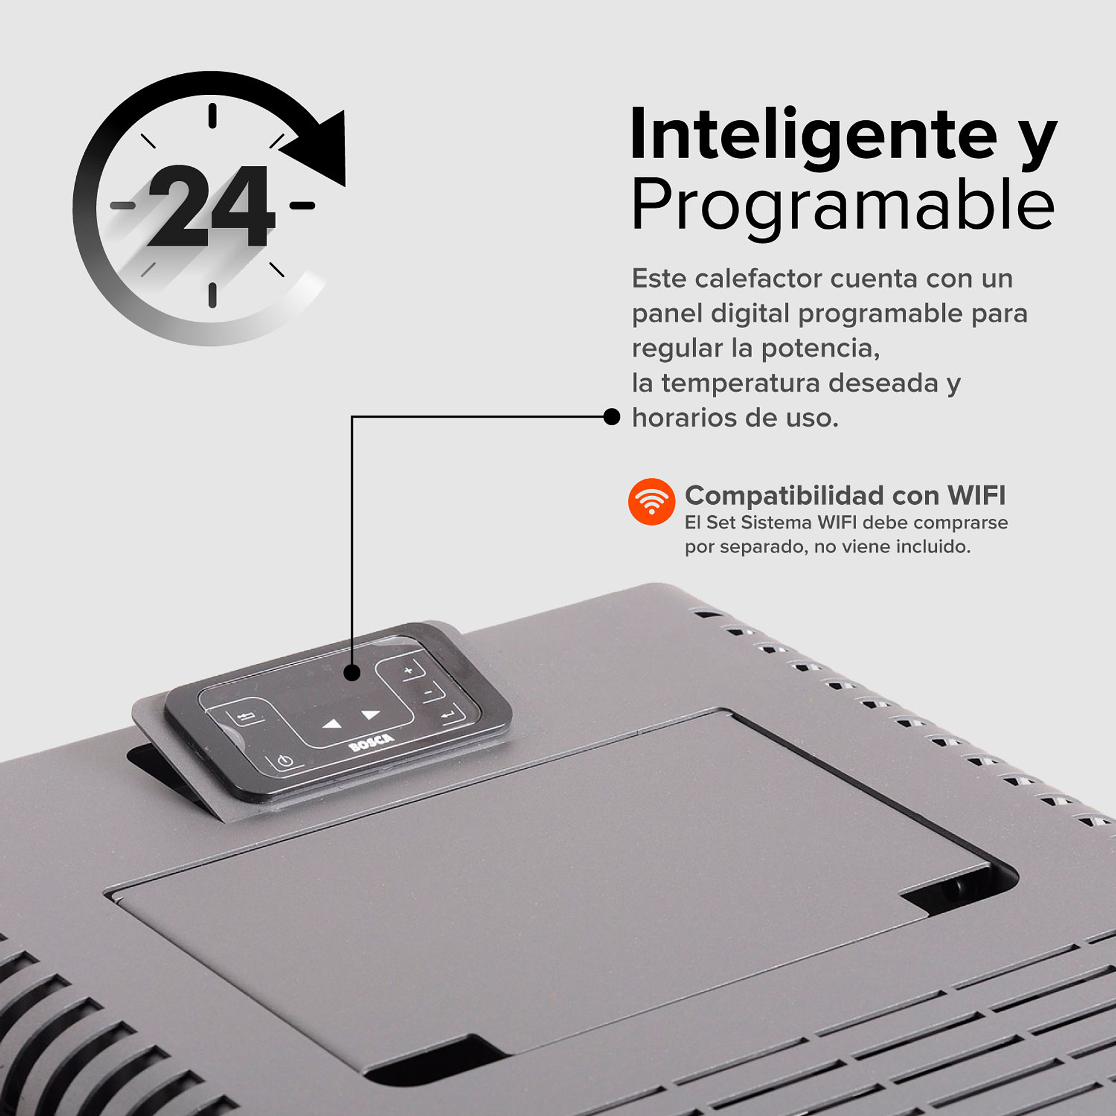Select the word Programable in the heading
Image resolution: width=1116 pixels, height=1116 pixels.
pyautogui.click(x=843, y=205)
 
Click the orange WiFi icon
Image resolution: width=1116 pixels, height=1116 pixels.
pyautogui.click(x=651, y=501)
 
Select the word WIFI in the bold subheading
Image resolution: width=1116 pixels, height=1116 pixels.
pyautogui.click(x=976, y=495)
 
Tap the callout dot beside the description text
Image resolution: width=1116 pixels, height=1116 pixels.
pyautogui.click(x=611, y=417)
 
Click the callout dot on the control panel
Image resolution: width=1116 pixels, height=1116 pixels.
pyautogui.click(x=352, y=672)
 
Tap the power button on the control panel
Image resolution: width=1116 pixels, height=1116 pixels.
pyautogui.click(x=285, y=761)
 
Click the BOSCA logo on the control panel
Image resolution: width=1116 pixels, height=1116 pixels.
pyautogui.click(x=371, y=742)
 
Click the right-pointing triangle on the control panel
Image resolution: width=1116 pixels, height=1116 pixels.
pyautogui.click(x=370, y=715)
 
